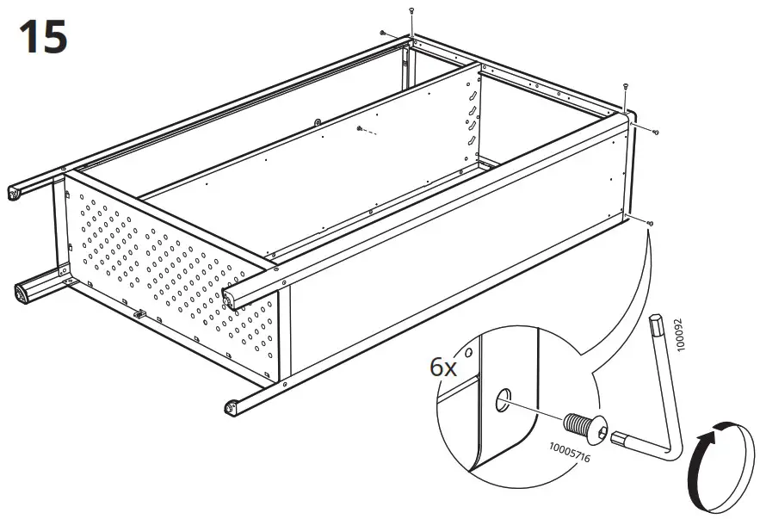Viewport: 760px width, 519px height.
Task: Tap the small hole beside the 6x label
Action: coord(468,352)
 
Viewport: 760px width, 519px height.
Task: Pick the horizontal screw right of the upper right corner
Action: coord(656,132)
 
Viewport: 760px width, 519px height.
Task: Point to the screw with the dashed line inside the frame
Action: coord(357,129)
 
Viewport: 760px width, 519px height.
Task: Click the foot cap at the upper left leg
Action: coord(14,195)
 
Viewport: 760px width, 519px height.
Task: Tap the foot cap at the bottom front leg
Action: coord(230,407)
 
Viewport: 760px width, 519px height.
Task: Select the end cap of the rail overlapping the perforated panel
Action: coord(229,298)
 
